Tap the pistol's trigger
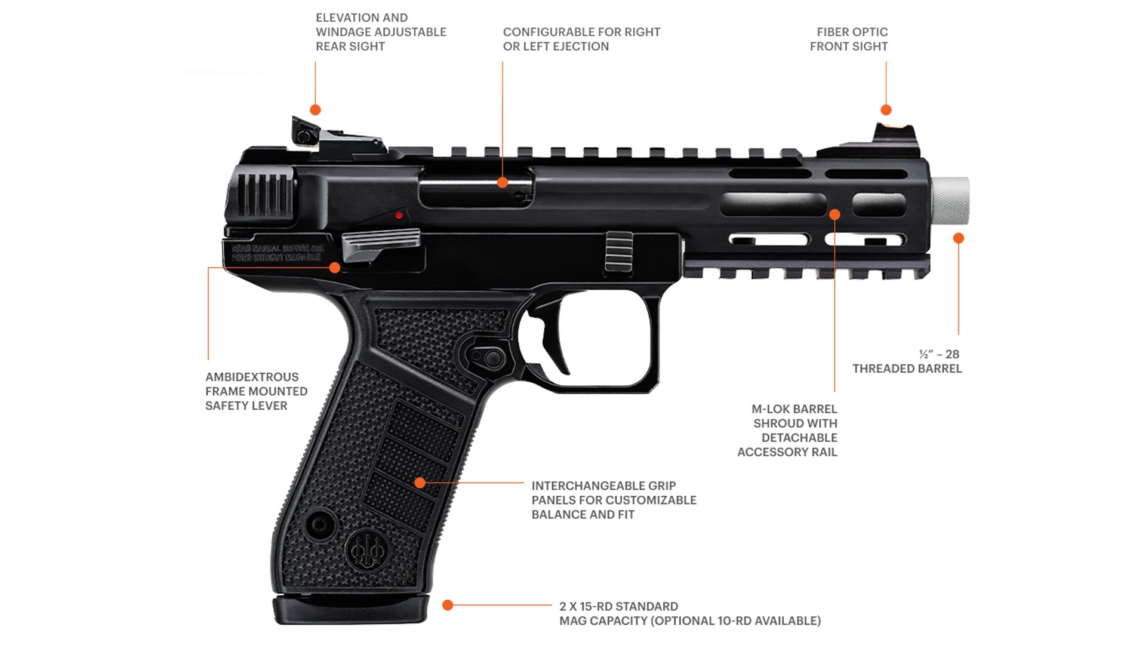[553, 343]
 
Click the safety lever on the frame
[381, 243]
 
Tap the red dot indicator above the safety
[399, 215]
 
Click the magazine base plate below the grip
[352, 610]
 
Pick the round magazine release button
[493, 358]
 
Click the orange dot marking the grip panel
[420, 483]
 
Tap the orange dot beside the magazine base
[448, 605]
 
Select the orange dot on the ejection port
[503, 183]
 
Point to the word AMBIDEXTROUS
[252, 377]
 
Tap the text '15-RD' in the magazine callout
[597, 606]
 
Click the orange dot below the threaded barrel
[959, 238]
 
